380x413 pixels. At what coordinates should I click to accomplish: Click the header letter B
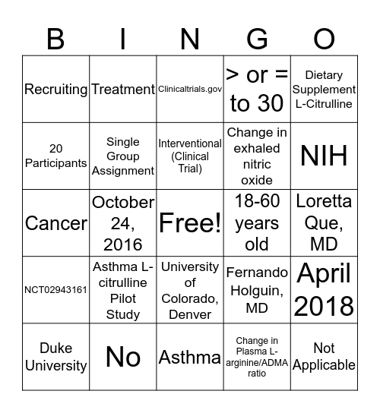coord(55,39)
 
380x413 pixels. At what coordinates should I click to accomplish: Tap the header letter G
coord(258,39)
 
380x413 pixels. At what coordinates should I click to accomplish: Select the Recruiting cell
coord(56,89)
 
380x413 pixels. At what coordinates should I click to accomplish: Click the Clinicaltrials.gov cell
coord(189,89)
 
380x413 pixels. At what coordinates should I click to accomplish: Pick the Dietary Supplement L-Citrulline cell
coord(324,89)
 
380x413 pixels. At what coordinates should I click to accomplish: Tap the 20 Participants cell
coord(56,156)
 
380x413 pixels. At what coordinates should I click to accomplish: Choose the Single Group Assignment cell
coord(123,156)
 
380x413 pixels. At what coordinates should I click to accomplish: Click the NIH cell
coord(324,156)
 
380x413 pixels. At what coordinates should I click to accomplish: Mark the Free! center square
coord(189,222)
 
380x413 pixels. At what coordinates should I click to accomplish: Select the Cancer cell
coord(56,222)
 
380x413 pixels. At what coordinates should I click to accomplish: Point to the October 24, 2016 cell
coord(123,222)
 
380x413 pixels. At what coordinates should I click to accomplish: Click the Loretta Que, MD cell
coord(324,222)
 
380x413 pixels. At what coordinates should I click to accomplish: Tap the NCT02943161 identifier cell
coord(56,290)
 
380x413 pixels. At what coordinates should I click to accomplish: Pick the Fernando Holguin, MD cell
coord(257,290)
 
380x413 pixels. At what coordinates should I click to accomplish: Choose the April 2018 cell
coord(324,290)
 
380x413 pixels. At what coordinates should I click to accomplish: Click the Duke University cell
coord(56,357)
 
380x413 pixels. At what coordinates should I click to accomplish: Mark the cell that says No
coord(123,357)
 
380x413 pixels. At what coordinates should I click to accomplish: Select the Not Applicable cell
coord(324,357)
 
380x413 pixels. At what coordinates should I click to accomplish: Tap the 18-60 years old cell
coord(257,222)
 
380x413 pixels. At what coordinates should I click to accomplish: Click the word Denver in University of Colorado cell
coord(189,314)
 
